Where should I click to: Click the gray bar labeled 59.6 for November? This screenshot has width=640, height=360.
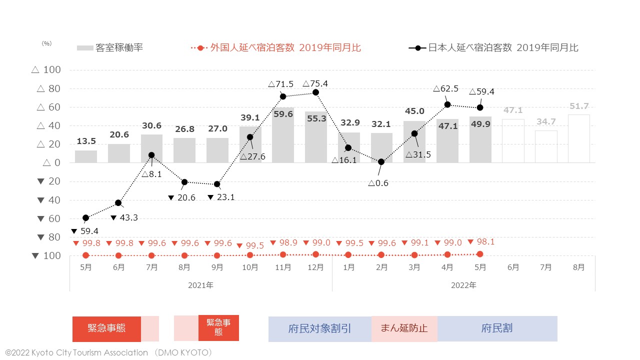(283, 135)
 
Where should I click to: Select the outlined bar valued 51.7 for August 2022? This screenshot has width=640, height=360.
(578, 138)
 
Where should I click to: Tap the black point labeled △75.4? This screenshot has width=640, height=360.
(315, 92)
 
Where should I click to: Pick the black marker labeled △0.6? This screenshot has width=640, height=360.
(381, 162)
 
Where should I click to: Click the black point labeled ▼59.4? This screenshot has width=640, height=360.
(85, 218)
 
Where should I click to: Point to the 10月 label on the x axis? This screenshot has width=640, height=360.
(250, 267)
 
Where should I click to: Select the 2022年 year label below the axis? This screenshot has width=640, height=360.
(463, 285)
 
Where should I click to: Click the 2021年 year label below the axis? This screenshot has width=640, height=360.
(200, 285)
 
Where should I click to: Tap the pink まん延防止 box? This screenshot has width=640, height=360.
(404, 328)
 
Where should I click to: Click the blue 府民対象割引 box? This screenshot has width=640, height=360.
(319, 328)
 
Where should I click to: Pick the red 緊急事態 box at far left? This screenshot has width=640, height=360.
(106, 328)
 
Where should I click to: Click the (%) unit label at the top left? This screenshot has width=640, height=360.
(46, 43)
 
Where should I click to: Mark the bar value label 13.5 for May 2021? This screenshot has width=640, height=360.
(85, 141)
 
